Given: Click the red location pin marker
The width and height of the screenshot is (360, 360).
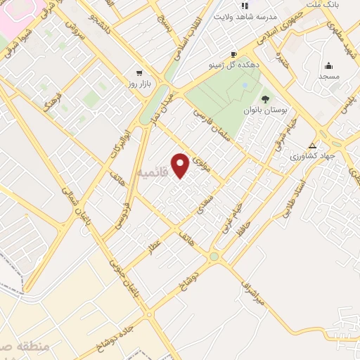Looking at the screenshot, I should point(181,165).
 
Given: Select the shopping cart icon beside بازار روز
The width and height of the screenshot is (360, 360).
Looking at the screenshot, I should point(139,72).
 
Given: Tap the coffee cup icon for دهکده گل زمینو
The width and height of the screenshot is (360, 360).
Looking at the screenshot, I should point(233,54).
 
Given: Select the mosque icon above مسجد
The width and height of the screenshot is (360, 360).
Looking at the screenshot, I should point(329,65).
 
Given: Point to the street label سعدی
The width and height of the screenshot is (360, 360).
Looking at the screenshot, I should point(202,203).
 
